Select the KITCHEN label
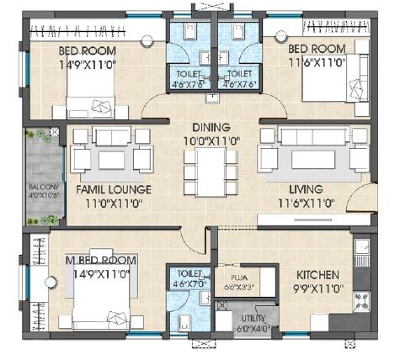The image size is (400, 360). pyautogui.click(x=317, y=275)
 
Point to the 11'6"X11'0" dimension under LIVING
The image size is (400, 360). pyautogui.click(x=300, y=203)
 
